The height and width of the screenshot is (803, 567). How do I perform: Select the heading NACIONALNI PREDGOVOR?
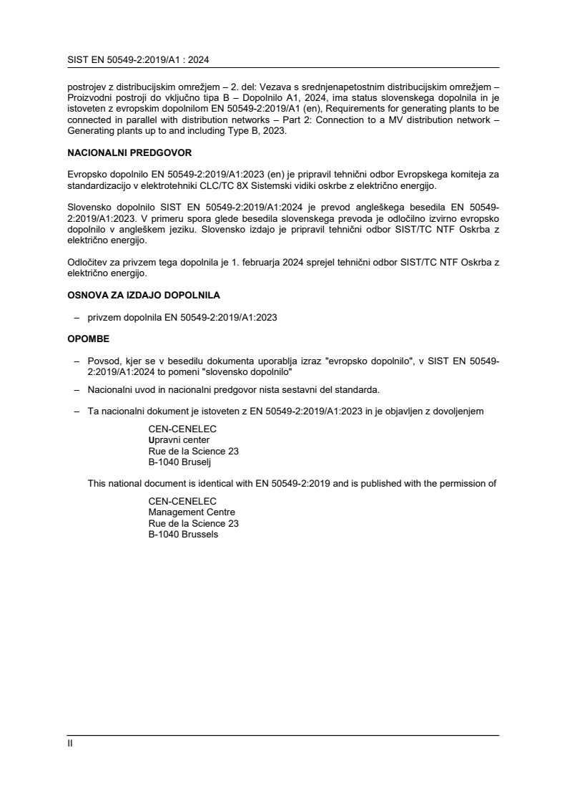point(119,153)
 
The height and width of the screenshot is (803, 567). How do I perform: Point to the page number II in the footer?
point(70,743)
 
